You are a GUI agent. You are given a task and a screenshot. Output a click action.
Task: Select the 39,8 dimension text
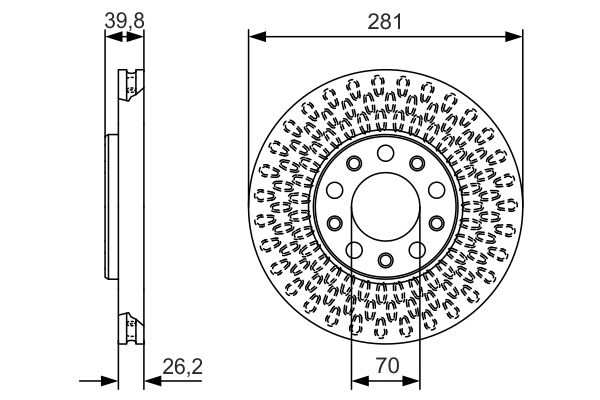pyautogui.click(x=124, y=20)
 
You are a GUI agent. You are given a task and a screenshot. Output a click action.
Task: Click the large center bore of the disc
pyautogui.click(x=386, y=206)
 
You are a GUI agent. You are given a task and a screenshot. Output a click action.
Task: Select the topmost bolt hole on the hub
pyautogui.click(x=386, y=153)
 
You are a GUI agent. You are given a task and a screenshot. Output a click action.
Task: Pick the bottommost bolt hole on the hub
pyautogui.click(x=386, y=260)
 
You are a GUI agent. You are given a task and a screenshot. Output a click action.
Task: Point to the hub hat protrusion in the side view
pyautogui.click(x=109, y=206)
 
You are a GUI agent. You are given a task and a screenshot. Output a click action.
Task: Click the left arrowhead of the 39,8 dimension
pyautogui.click(x=111, y=38)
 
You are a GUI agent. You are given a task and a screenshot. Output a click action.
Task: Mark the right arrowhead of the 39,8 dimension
pyautogui.click(x=137, y=38)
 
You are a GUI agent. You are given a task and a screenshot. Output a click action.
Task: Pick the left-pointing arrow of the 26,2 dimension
pyautogui.click(x=150, y=380)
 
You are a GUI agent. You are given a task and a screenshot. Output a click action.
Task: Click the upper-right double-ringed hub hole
pyautogui.click(x=417, y=164)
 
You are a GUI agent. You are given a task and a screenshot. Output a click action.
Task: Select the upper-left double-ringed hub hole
pyautogui.click(x=354, y=164)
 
